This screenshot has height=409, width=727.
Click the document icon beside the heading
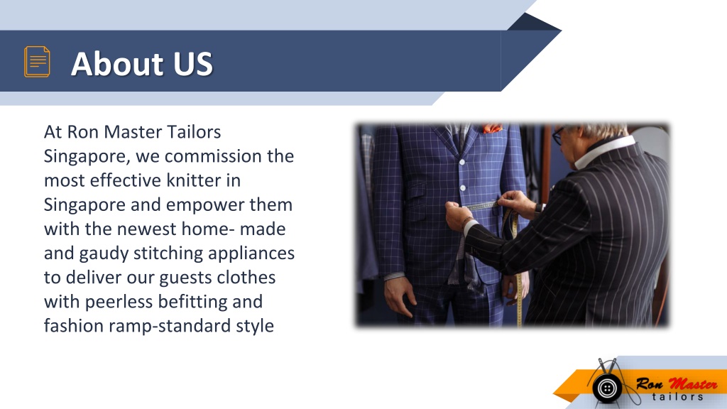click(x=37, y=62)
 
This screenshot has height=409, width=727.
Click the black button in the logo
click(x=606, y=388)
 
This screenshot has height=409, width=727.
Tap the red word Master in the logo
click(x=684, y=384)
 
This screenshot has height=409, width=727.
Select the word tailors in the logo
click(x=678, y=397)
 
